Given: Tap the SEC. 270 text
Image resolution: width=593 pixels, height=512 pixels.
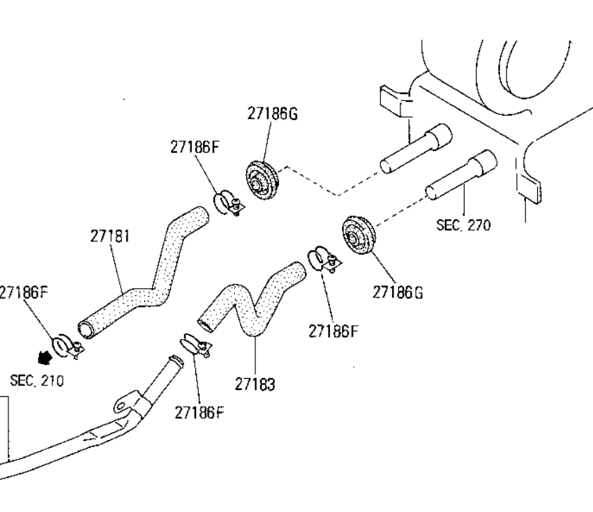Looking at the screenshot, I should point(463,225).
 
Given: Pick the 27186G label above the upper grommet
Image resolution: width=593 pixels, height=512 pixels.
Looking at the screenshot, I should point(271,114).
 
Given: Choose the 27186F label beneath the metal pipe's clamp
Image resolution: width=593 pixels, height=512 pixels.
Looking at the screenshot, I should point(200,412).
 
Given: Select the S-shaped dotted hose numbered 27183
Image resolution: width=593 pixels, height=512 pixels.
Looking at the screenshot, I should point(251,300).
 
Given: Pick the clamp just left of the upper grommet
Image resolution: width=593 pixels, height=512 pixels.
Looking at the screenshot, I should point(227,202).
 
